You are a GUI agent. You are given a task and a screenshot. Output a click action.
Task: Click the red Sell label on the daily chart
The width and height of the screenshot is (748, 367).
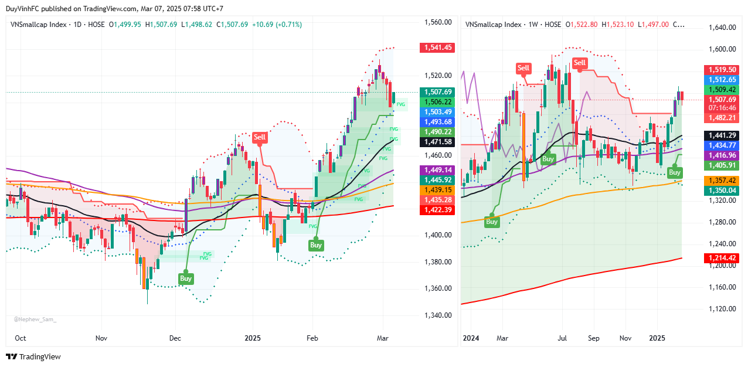259,138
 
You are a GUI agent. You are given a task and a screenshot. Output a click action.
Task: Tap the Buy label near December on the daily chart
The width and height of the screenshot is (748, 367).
186,278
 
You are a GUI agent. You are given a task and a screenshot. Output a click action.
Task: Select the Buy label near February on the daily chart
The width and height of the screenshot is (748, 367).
316,245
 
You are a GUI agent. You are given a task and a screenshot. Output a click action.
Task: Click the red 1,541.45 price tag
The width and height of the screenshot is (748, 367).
437,47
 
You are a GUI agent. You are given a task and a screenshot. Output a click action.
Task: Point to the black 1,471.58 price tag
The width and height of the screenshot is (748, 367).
437,142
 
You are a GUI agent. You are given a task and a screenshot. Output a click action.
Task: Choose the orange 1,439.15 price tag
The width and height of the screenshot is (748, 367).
437,190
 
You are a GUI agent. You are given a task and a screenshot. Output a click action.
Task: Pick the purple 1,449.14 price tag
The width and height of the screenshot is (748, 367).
437,169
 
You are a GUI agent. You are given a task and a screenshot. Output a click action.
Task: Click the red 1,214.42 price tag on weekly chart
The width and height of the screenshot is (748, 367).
721,258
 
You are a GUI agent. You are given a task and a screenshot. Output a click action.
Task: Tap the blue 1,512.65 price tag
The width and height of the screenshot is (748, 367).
721,80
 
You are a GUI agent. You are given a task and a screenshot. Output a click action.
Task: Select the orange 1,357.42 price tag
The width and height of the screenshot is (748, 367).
721,181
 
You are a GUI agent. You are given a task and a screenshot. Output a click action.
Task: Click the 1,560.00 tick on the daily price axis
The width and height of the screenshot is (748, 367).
437,22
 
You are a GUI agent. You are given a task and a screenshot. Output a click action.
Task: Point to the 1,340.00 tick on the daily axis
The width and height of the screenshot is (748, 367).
437,315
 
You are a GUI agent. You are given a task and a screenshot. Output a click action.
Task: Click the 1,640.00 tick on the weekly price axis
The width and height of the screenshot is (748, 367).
722,28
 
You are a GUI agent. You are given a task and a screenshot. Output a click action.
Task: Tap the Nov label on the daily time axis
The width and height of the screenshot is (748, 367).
101,338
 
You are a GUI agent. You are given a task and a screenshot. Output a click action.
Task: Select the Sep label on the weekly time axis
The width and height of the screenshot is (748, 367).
594,338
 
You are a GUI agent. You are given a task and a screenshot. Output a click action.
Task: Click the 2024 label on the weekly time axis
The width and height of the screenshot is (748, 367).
470,338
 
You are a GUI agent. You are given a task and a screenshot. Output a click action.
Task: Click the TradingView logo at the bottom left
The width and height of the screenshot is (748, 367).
33,356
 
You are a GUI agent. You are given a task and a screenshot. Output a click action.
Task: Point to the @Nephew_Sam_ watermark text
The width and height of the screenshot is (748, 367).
35,320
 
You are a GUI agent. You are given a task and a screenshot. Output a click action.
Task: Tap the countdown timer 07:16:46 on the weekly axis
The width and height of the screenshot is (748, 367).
721,108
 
